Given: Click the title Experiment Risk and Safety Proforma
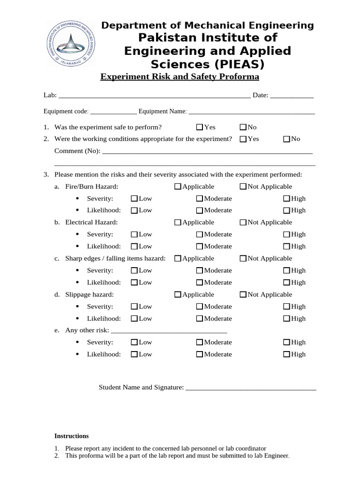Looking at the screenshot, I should click(x=180, y=77).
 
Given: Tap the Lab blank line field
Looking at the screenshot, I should click(x=154, y=96).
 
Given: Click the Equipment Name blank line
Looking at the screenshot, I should click(x=252, y=112).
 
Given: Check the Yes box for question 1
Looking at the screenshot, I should click(x=200, y=127).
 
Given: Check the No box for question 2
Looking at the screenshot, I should click(x=286, y=139).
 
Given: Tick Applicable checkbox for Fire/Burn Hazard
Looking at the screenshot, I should click(x=178, y=187).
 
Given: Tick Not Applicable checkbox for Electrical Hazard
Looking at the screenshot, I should click(x=243, y=223).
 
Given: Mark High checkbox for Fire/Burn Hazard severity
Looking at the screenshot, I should click(x=286, y=199).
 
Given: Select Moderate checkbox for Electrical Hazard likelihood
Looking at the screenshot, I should click(x=200, y=247).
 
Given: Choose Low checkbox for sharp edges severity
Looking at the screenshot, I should click(x=134, y=270).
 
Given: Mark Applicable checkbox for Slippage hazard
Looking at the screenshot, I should click(x=178, y=295).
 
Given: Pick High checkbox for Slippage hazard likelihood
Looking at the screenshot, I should click(x=286, y=319).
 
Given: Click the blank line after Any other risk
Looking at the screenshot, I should click(x=169, y=331).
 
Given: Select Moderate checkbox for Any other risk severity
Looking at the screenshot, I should click(x=200, y=343).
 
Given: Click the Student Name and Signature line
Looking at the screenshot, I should click(x=251, y=388).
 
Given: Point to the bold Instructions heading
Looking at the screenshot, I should click(x=72, y=436).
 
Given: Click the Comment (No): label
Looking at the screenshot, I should click(x=77, y=151).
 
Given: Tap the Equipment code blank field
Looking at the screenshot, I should click(x=113, y=112).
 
